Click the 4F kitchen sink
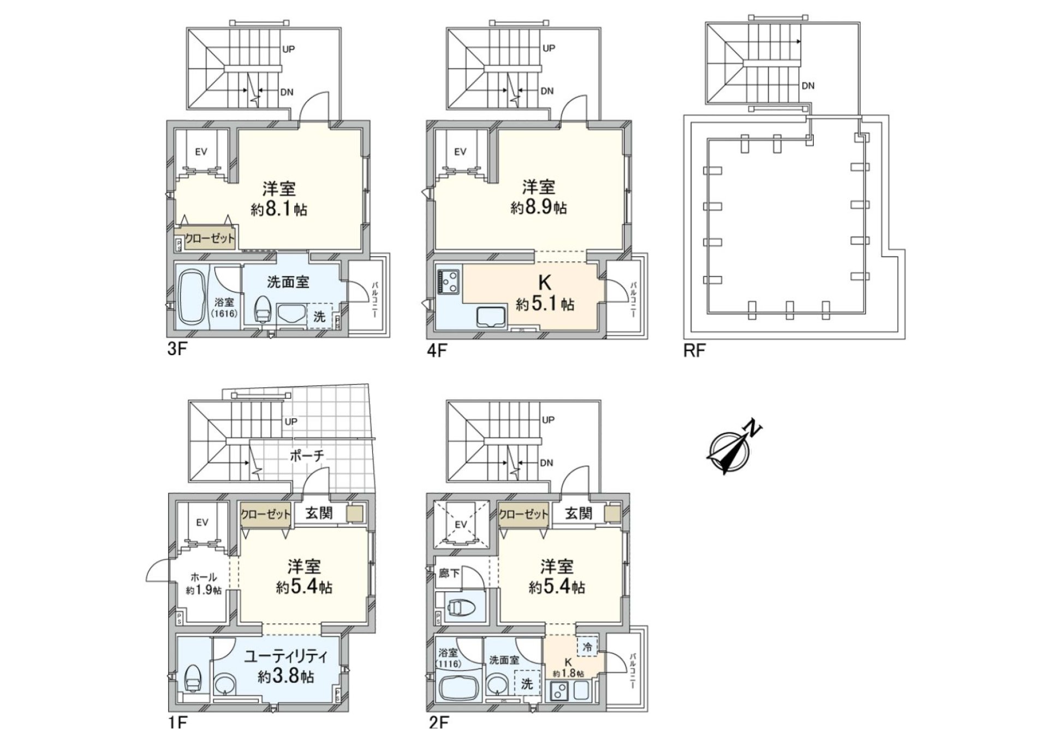click(491, 316)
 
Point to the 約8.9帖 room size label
click(538, 208)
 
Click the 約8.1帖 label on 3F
click(279, 209)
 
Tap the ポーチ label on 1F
click(307, 455)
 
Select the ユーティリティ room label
click(285, 656)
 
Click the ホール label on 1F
click(203, 577)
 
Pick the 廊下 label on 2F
click(449, 573)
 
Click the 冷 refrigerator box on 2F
click(587, 647)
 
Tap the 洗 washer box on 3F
click(319, 316)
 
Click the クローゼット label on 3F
click(210, 239)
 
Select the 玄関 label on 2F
click(579, 513)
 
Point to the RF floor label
click(694, 351)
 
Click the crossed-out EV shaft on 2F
click(461, 525)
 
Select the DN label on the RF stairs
click(808, 86)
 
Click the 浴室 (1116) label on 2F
click(449, 657)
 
